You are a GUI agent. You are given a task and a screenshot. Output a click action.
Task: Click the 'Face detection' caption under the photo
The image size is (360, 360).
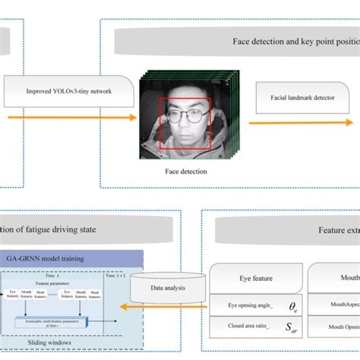pyautogui.click(x=186, y=172)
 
